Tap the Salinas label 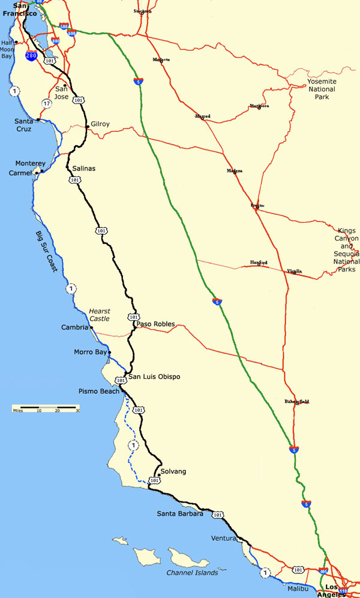(x=83, y=169)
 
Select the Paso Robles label (x=156, y=324)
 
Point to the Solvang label (x=173, y=471)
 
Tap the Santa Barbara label (x=180, y=513)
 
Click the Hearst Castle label (x=100, y=315)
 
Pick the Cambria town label (x=75, y=327)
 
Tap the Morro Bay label (x=89, y=352)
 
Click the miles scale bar (x=46, y=408)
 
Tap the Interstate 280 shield (x=32, y=56)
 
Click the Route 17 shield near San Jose (x=46, y=103)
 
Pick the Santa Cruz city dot (x=38, y=119)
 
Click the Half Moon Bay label (x=7, y=49)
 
